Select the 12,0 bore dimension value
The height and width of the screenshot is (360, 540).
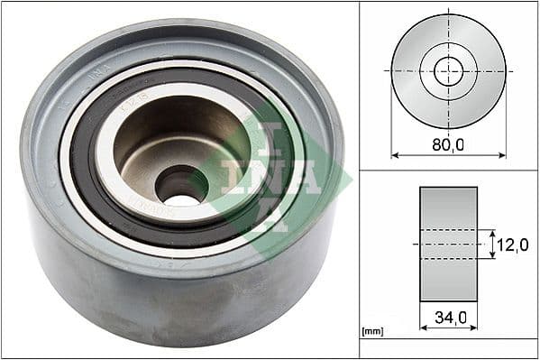(513, 245)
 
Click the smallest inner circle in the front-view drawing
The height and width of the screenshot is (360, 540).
(448, 70)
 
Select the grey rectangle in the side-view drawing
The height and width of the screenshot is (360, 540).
(448, 244)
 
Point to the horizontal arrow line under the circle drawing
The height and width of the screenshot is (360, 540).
(448, 155)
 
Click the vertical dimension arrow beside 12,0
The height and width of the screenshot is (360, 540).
(492, 245)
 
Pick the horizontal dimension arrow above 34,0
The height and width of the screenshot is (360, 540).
(448, 304)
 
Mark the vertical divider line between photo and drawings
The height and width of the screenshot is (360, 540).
(359, 180)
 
